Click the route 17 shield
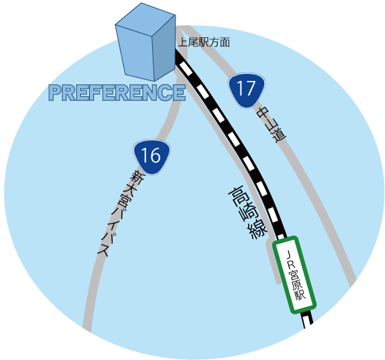coord(247,91)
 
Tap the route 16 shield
coord(152,157)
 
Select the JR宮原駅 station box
coord(294,275)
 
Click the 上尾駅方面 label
coord(204,42)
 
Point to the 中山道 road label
coord(271,124)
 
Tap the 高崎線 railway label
coord(247,213)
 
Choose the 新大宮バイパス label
coord(120,213)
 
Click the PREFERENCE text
coord(117,93)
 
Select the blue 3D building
coord(145,42)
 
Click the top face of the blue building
coord(145,19)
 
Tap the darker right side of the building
coord(164,48)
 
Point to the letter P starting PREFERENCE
coord(55,93)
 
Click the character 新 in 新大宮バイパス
coord(137,177)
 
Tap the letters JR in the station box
coord(290,259)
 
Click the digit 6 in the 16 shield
coord(155,155)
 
